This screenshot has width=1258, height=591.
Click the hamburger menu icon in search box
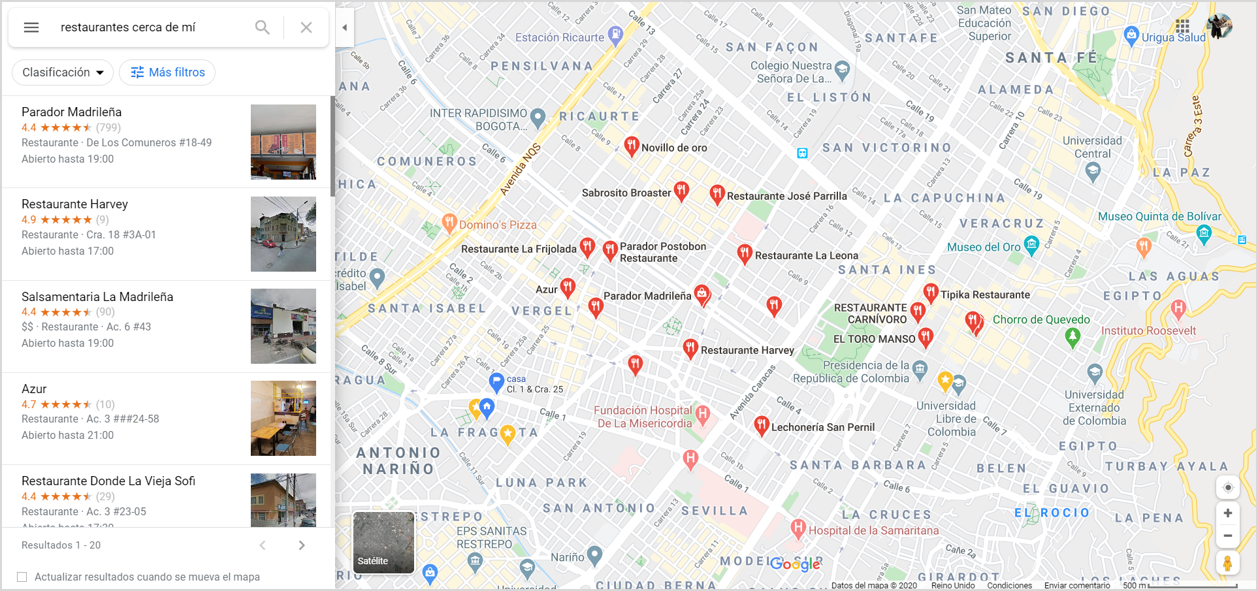point(31,27)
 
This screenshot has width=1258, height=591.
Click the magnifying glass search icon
point(262,27)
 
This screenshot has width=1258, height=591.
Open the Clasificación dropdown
point(63,72)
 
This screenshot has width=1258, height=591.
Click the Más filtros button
point(168,72)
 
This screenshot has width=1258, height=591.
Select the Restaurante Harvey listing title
point(74,204)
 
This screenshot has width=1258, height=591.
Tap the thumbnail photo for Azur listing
point(283,418)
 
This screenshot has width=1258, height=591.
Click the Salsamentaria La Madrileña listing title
point(97,297)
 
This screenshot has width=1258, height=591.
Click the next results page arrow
point(302,545)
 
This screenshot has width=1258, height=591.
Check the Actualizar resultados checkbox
point(22,577)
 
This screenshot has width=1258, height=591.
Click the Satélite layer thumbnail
point(383,543)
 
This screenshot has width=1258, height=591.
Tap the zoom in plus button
point(1228,513)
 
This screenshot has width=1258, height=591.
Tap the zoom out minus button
point(1228,535)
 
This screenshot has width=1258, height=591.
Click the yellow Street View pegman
point(1228,563)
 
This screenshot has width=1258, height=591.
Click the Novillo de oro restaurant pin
point(631,146)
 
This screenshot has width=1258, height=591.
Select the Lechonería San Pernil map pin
point(761,425)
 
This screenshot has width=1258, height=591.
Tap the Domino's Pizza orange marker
point(449,223)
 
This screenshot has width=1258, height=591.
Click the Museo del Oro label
point(984,248)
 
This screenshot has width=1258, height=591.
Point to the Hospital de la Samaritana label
point(873,531)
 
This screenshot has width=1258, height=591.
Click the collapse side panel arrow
point(344,27)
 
